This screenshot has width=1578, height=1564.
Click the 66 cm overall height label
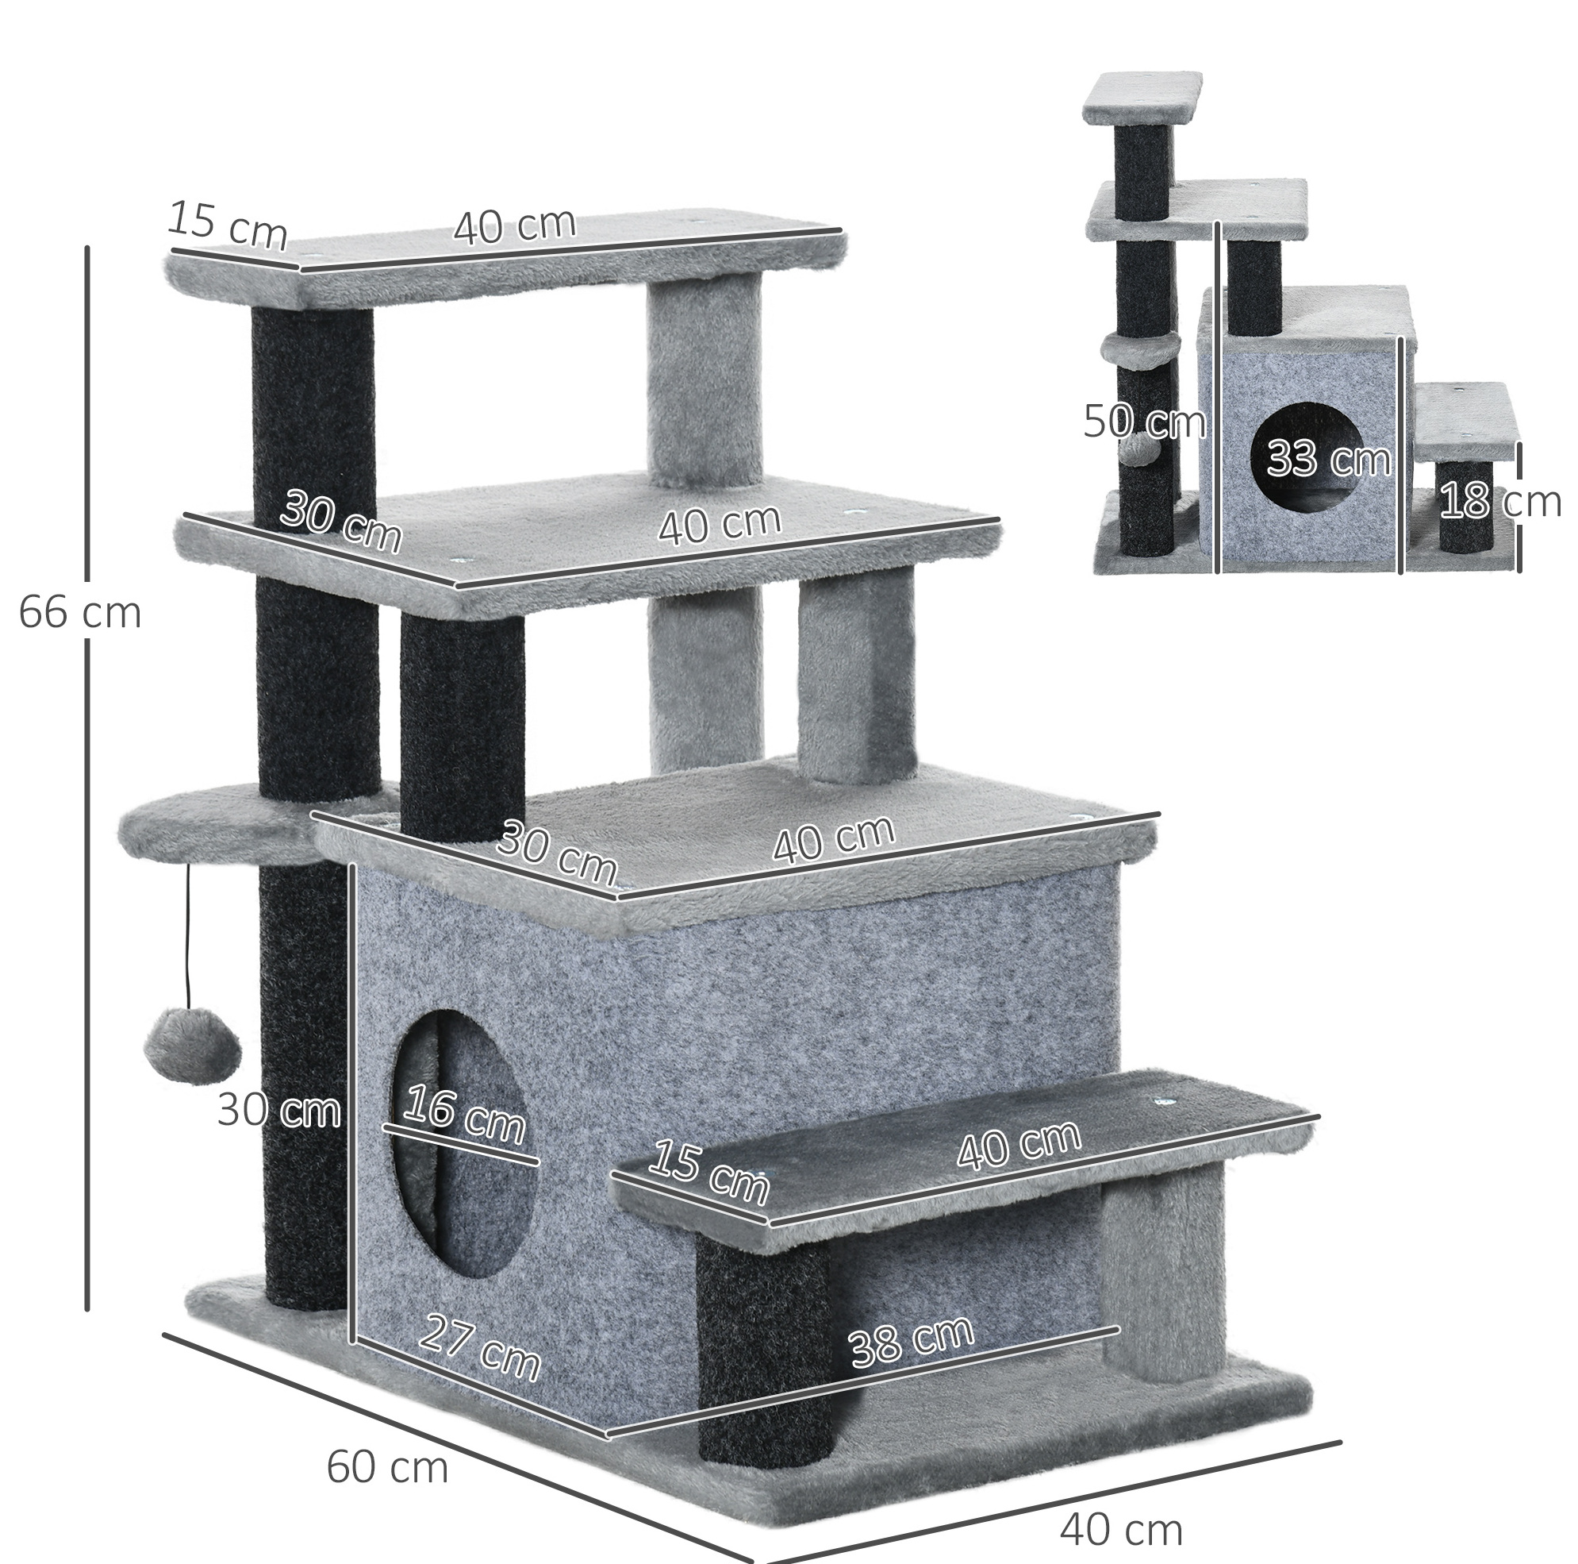click(x=80, y=612)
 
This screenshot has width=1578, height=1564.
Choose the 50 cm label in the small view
click(x=1144, y=422)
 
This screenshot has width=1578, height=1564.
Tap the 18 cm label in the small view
click(x=1500, y=501)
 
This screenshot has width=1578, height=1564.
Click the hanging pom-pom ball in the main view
click(x=193, y=1034)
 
